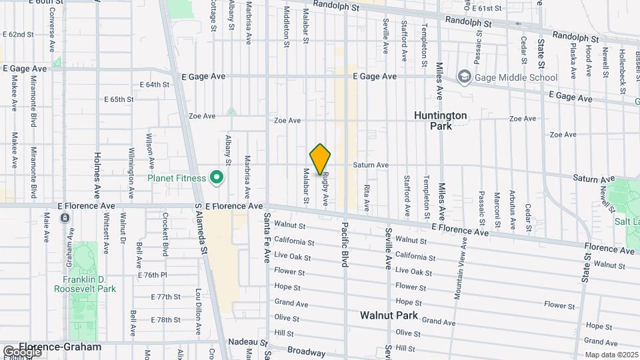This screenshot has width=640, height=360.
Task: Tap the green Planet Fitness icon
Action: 216,178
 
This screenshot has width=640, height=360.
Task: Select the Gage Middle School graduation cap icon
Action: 463,77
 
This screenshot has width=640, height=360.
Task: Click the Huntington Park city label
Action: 441,120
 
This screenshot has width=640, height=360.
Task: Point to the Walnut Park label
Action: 389,315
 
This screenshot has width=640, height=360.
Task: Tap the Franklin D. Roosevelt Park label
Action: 85,284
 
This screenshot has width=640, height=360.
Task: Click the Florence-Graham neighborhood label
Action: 60,347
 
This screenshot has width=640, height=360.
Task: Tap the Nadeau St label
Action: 243,341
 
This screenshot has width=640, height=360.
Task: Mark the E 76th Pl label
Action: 152,275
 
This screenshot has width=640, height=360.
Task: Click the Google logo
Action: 21,351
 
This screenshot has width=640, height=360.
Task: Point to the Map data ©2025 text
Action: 611,355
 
